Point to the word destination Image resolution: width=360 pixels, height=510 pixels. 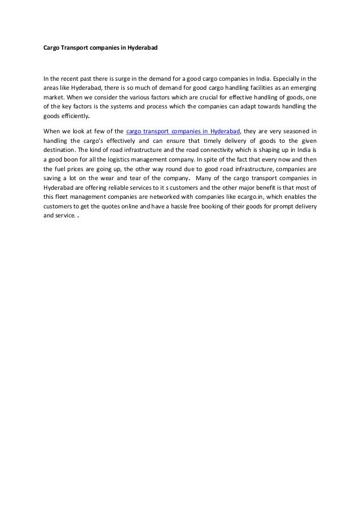[59, 151]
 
